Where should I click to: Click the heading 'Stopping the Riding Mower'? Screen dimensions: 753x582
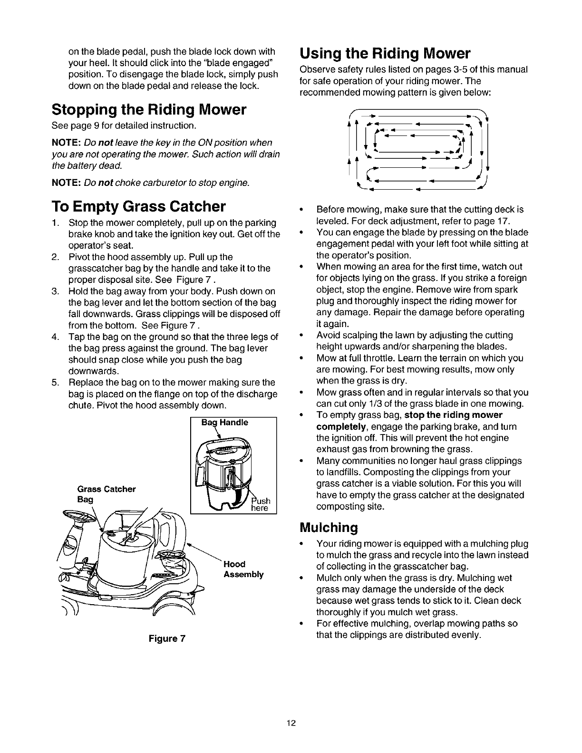[149, 110]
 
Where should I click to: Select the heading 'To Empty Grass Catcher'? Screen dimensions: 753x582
[138, 207]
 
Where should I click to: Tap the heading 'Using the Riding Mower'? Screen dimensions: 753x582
[385, 52]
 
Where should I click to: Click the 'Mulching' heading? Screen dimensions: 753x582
[328, 527]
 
